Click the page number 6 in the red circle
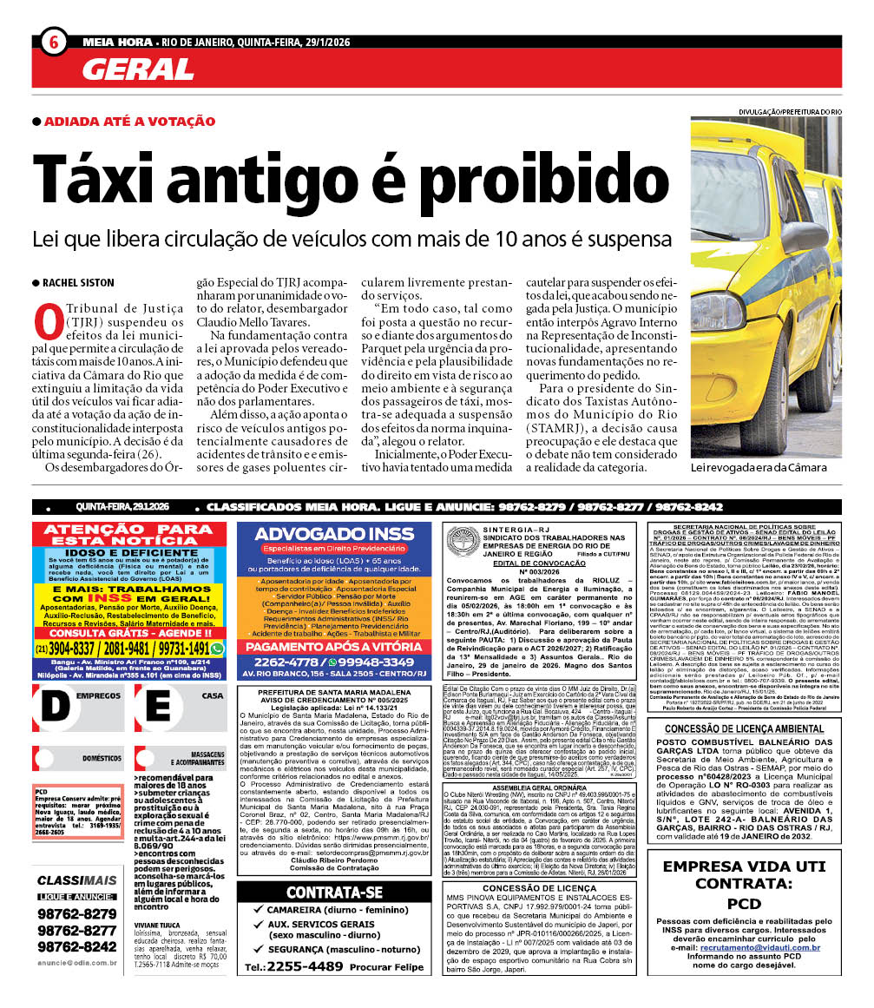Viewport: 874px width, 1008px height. (53, 41)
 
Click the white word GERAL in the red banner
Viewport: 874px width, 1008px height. (139, 69)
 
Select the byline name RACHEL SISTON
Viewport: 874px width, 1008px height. (79, 283)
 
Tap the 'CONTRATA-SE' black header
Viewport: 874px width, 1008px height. (334, 893)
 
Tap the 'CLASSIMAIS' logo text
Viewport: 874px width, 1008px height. (76, 880)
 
